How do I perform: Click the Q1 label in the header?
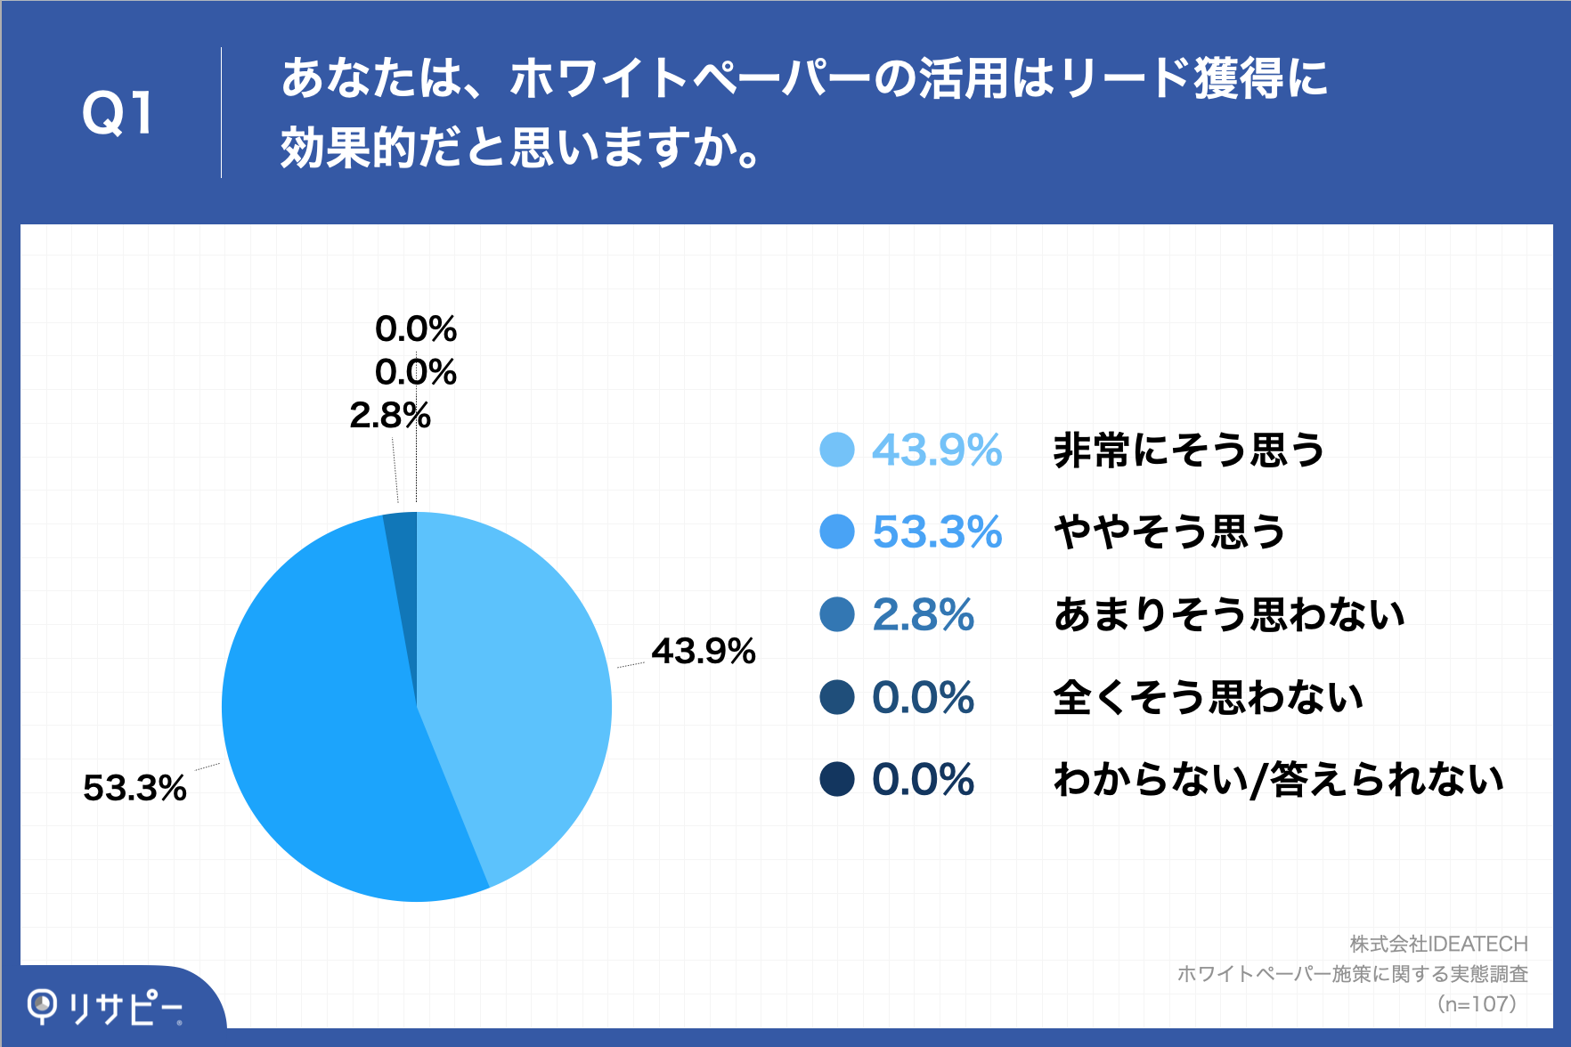point(118,113)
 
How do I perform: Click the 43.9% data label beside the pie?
point(703,651)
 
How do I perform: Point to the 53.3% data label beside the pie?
point(134,788)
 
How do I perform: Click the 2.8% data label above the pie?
point(389,415)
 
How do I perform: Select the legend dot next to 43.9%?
point(837,450)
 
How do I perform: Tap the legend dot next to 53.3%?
point(837,532)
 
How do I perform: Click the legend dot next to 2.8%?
point(837,614)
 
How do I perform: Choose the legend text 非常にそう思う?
point(1189,450)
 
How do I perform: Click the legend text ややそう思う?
point(1169,532)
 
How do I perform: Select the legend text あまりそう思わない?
point(1229,614)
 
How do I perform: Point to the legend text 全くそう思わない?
point(1209,697)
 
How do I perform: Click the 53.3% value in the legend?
point(937,532)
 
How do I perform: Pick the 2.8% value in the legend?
point(923,614)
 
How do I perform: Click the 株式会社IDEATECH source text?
point(1438,944)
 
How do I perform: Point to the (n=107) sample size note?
point(1476,1004)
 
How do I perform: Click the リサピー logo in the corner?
point(105,1007)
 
